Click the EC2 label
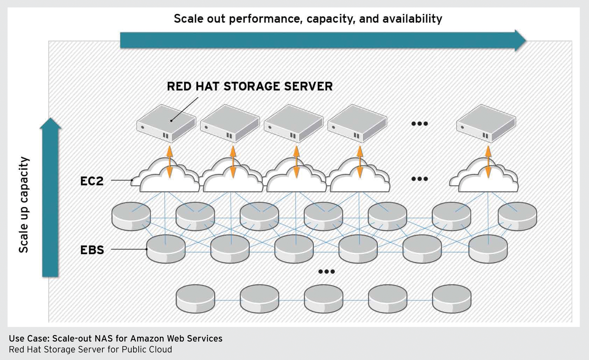coord(92,181)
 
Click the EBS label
coord(92,250)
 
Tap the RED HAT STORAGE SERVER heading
coord(249,86)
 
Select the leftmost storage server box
coord(166,123)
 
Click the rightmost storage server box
coord(486,123)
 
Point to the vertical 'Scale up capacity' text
coord(24,205)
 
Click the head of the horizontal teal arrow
coord(520,40)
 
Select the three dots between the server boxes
coord(419,124)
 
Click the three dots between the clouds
coord(419,179)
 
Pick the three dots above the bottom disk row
coord(326,272)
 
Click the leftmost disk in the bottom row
coord(195,298)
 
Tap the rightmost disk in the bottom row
coord(452,298)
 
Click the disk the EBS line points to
coord(166,249)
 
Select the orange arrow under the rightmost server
coord(488,162)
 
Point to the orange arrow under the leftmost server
coord(169,162)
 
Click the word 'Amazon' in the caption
coord(147,339)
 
